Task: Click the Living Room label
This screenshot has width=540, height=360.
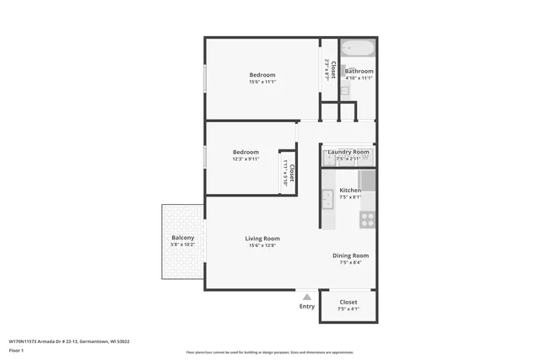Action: tap(262, 239)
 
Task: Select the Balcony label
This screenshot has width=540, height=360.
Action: tap(183, 239)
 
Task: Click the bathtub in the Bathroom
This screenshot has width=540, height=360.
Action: tap(358, 46)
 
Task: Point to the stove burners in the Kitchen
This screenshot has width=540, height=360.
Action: tap(368, 219)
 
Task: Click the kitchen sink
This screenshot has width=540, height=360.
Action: tap(327, 201)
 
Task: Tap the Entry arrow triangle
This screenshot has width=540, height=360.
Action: tap(307, 297)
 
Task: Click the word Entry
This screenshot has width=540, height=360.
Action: tap(307, 306)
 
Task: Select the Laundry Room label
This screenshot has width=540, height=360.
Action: tap(348, 152)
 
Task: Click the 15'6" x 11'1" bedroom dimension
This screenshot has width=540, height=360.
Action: tap(262, 82)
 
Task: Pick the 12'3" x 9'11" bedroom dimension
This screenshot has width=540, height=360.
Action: tap(246, 159)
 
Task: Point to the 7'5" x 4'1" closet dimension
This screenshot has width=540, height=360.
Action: tap(348, 309)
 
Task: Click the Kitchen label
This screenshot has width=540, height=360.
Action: tap(350, 191)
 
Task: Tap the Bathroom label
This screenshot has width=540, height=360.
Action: tap(359, 71)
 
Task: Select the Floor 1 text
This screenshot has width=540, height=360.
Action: tap(17, 350)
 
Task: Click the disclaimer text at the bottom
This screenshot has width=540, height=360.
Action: tap(270, 352)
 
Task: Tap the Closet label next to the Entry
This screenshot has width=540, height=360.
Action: tap(348, 302)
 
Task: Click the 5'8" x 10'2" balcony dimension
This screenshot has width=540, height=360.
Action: tap(183, 245)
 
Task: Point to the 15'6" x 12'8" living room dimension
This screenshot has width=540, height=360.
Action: tap(262, 245)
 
